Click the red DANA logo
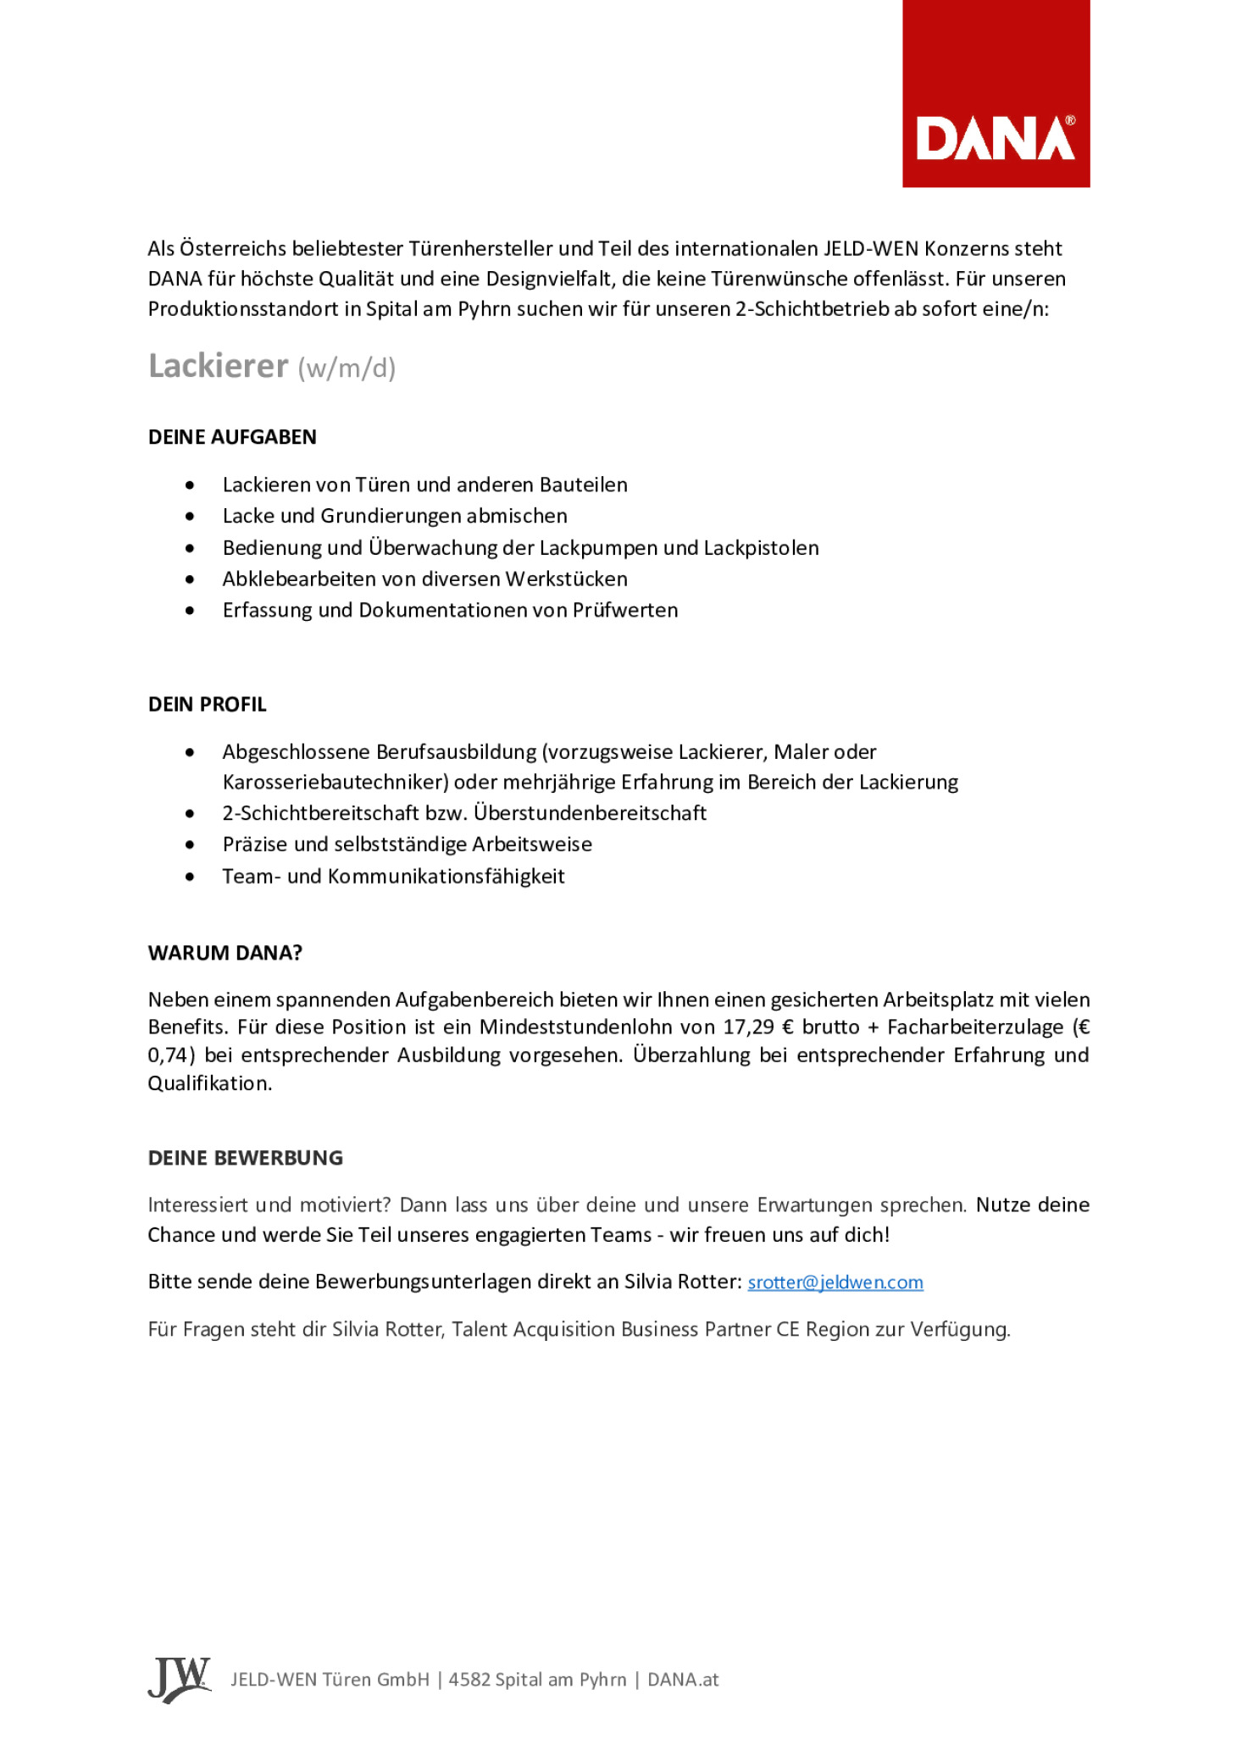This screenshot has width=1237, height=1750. [995, 94]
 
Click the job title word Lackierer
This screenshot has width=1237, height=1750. [218, 366]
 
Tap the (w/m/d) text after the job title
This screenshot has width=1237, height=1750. [347, 368]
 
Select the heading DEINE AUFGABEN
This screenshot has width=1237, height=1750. [232, 437]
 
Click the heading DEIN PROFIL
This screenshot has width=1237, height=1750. [207, 704]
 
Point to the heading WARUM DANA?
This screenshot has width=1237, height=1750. [225, 953]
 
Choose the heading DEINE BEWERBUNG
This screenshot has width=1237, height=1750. [245, 1158]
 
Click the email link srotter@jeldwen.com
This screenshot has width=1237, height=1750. [835, 1282]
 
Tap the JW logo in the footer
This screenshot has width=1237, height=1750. [179, 1679]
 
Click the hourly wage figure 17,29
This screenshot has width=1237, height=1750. [748, 1027]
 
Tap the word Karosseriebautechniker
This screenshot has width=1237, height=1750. [335, 782]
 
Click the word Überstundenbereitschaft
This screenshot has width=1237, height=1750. [590, 813]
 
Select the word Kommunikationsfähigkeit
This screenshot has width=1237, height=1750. [446, 877]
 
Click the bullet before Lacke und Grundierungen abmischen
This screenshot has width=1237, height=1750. [190, 517]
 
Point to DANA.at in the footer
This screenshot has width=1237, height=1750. [683, 1680]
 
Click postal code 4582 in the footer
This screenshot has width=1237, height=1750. [469, 1680]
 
